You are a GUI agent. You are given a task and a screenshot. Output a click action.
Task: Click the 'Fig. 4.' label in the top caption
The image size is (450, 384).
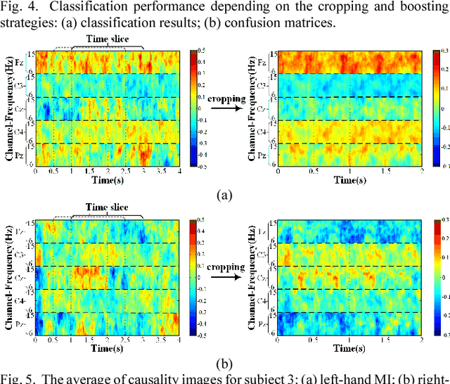click(16, 6)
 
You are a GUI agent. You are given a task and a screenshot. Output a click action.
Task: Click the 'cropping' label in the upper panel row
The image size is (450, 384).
click(226, 99)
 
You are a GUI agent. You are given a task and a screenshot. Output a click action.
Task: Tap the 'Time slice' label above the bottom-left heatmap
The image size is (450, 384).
click(107, 208)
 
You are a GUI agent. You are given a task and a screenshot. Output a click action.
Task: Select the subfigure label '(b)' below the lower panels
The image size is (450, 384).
click(224, 365)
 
